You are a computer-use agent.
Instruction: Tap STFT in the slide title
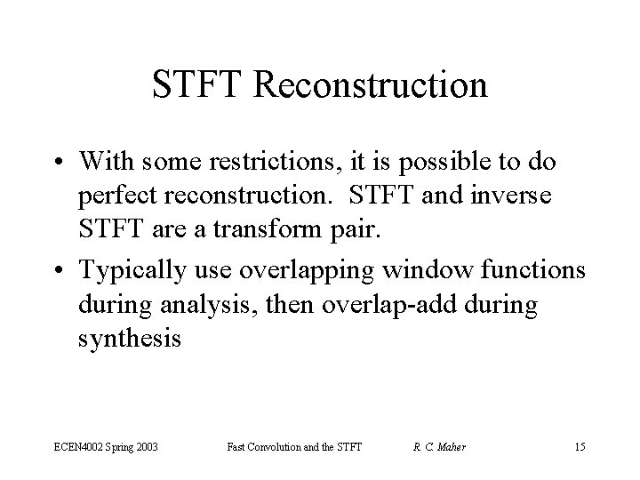pyautogui.click(x=203, y=86)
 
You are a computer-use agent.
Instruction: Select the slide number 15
pyautogui.click(x=581, y=445)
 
